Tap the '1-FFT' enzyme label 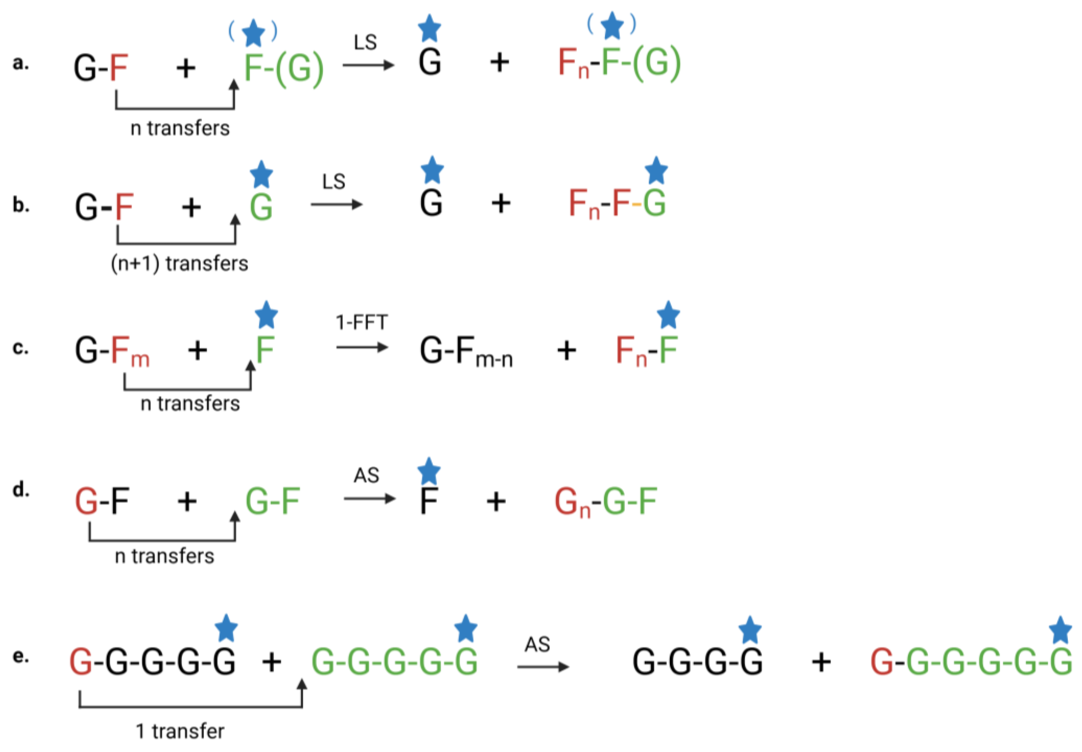[x=361, y=323]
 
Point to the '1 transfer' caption [x=180, y=731]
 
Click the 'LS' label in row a [x=365, y=43]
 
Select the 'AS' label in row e [x=537, y=644]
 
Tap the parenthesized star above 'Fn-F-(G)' [x=612, y=25]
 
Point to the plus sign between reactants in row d [x=187, y=501]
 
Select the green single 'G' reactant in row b [x=261, y=207]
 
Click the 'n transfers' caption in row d [x=164, y=556]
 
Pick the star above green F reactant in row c [x=266, y=315]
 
